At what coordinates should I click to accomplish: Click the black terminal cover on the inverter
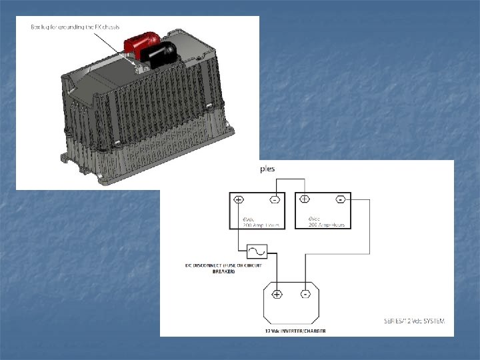162,53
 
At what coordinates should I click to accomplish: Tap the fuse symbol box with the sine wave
257,251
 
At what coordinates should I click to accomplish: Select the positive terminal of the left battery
239,199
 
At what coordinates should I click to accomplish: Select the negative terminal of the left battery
273,199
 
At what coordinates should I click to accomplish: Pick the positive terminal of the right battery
305,199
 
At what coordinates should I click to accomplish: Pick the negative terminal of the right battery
340,199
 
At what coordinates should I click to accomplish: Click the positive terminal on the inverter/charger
277,293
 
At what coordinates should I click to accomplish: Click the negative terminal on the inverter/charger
305,293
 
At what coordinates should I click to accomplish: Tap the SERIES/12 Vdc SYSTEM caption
414,321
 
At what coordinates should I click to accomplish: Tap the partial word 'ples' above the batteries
267,169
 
